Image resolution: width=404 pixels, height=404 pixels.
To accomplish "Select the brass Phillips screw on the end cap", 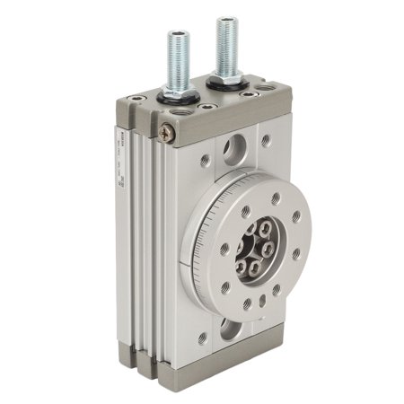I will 166,132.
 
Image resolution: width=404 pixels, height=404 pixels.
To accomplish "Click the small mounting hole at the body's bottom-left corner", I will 203,338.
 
